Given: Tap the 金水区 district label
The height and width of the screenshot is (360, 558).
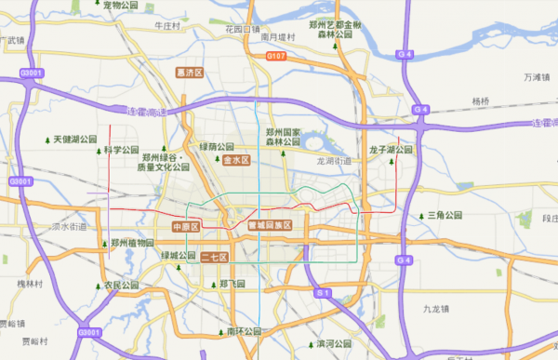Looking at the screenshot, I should tap(236, 160).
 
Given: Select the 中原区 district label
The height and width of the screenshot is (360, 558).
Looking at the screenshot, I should tap(186, 226).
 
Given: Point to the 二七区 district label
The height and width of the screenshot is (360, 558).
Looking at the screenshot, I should tap(215, 256).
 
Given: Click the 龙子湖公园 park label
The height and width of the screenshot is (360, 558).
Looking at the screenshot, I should tap(391, 149).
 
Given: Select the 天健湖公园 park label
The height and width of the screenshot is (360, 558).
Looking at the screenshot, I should tap(74, 140).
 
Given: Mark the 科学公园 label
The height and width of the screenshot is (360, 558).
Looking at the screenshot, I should tap(120, 150).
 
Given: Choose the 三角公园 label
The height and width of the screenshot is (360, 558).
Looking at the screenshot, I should tap(445, 215).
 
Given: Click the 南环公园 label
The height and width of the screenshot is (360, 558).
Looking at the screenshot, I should tap(245, 330).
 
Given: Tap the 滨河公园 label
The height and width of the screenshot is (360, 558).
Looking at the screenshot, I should tap(337, 343).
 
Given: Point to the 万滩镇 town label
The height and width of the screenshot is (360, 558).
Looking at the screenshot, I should tap(538, 77).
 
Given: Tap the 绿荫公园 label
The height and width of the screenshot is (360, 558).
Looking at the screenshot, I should tap(219, 147).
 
